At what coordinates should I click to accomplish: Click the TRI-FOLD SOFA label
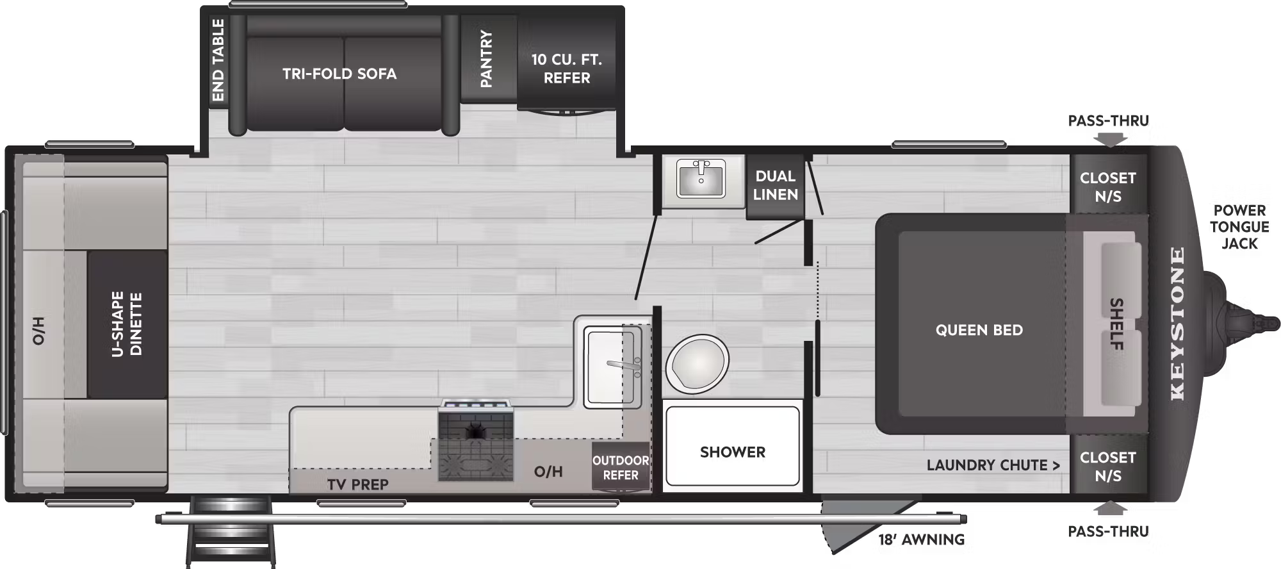339,74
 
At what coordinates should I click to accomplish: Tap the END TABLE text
218,60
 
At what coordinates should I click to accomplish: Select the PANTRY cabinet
487,59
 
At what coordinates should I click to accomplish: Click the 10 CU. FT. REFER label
567,69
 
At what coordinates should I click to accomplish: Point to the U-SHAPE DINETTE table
127,324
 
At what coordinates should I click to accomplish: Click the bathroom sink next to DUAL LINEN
701,177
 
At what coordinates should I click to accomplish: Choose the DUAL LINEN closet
775,185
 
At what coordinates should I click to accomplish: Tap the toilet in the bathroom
697,364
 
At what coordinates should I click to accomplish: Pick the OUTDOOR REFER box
620,468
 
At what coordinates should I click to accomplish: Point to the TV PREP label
357,484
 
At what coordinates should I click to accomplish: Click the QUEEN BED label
979,330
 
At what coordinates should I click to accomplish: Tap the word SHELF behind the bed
1116,324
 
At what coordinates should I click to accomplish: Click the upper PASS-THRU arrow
1110,138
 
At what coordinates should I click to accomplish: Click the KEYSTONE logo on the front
1177,324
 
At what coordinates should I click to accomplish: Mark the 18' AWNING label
921,540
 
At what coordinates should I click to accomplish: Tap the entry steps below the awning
231,538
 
